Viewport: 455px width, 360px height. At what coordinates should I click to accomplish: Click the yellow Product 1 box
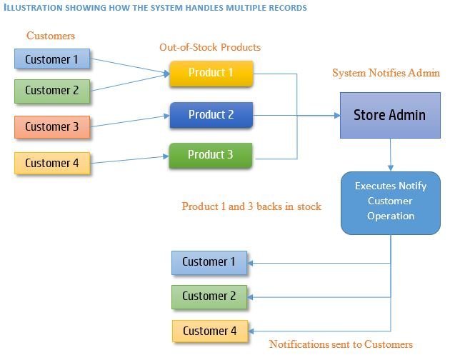point(211,74)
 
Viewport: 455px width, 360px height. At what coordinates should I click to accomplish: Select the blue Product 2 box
point(211,115)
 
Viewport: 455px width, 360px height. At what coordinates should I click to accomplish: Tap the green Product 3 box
point(211,156)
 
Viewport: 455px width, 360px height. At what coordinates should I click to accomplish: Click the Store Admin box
point(390,115)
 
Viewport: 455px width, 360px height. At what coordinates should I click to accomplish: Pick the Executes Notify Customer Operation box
point(391,203)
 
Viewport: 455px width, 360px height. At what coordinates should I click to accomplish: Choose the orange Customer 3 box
point(52,127)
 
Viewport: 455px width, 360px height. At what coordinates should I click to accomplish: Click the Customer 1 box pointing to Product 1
point(52,59)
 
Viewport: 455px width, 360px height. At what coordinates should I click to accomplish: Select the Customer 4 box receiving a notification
point(210,331)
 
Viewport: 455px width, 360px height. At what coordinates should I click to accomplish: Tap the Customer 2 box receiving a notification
point(209,297)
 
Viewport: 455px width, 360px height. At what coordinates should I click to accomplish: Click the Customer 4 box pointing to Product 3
point(52,164)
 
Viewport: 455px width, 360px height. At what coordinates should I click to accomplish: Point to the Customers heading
point(51,36)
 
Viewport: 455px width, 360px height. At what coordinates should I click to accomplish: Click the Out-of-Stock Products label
point(210,47)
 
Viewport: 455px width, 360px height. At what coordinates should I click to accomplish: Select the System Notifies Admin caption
point(386,73)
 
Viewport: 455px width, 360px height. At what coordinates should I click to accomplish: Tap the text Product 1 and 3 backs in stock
point(251,206)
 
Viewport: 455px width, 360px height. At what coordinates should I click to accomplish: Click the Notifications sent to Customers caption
point(341,344)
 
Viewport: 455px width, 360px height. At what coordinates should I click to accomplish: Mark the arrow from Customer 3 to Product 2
point(130,121)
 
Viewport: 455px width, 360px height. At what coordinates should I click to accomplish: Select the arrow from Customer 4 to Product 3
point(130,160)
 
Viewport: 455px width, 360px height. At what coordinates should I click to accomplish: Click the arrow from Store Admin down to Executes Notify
point(391,155)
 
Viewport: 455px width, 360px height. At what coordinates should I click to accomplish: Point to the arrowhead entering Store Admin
point(337,116)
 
